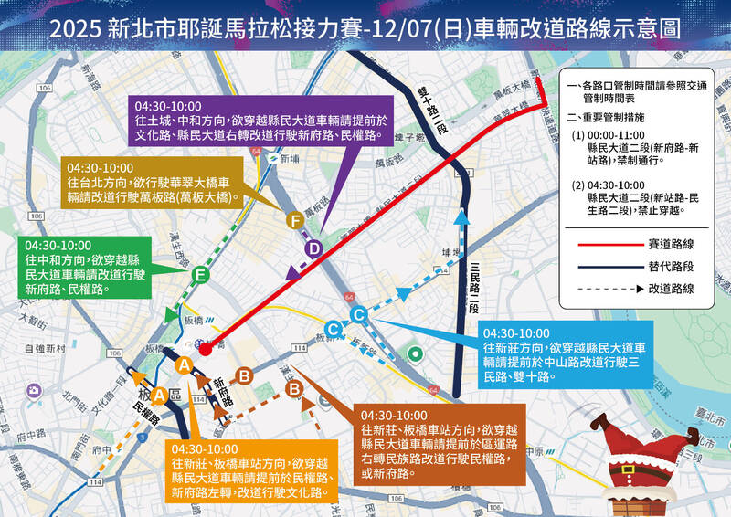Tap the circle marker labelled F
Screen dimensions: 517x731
294,220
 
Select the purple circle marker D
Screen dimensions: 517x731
313,248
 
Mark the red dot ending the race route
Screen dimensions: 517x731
206,348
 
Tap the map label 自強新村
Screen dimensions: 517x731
42,349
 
